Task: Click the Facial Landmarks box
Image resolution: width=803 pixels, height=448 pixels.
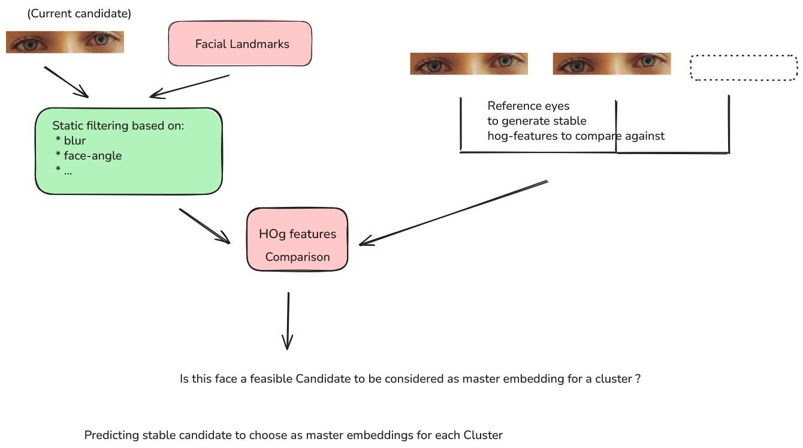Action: tap(240, 44)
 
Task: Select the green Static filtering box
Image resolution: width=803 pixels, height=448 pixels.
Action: tap(128, 151)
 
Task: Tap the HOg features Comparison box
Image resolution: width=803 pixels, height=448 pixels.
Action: tap(297, 239)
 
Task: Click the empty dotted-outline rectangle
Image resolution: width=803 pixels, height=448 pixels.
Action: tap(744, 67)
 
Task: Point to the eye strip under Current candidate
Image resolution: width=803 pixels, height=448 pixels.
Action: tap(65, 42)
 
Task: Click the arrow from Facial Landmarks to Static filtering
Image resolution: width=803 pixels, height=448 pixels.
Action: tap(189, 86)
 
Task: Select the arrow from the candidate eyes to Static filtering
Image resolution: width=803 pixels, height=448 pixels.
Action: tap(66, 82)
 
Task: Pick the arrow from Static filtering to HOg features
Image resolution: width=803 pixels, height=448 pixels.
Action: tap(204, 226)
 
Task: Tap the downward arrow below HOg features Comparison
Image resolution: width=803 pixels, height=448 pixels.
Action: tap(288, 321)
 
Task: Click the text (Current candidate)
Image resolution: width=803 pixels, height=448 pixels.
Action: tap(79, 13)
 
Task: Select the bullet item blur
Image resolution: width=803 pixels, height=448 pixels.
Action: tap(75, 141)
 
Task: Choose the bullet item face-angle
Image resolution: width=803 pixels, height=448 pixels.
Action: tap(92, 156)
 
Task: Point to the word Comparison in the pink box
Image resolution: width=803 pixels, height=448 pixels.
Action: tap(297, 257)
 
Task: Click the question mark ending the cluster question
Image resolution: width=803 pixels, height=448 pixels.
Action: tap(638, 379)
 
